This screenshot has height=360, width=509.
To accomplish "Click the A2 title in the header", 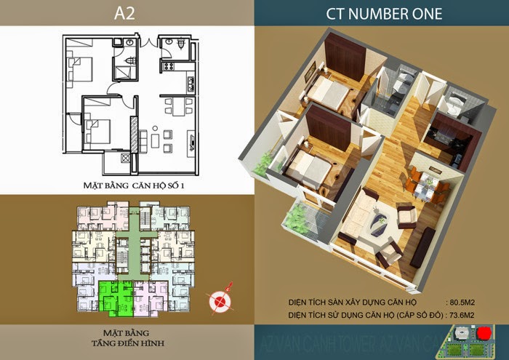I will pos(127,12).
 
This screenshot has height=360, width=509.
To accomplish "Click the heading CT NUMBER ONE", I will pos(381,12).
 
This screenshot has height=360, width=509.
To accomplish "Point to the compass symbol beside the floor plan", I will pos(216,297).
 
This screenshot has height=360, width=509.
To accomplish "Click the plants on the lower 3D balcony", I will pos(298,216).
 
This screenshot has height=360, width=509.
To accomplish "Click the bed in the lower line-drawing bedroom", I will pos(99,131).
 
